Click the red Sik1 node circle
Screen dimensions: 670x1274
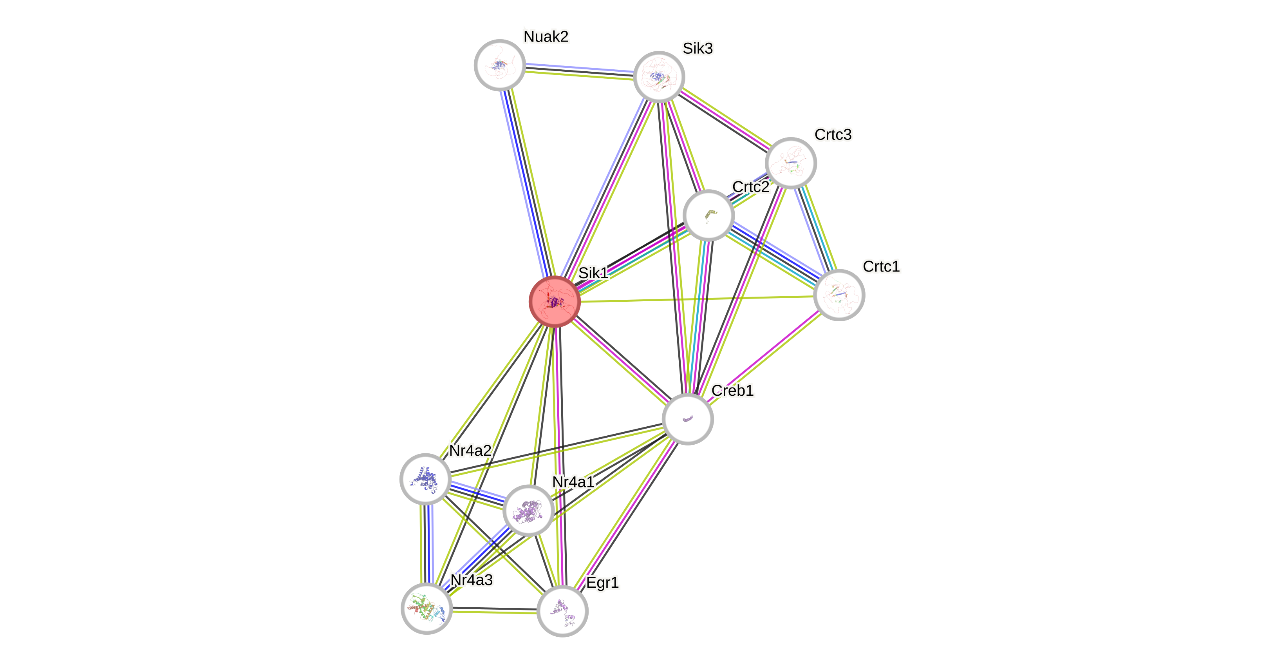point(554,302)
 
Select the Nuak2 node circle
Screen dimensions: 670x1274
point(499,65)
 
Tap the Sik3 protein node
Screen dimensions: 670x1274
point(659,77)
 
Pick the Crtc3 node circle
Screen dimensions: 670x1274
point(790,163)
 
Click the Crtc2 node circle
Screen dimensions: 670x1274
point(708,215)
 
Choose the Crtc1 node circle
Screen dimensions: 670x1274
point(839,295)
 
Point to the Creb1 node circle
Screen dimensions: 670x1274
point(687,419)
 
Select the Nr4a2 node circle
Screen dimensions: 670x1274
point(425,478)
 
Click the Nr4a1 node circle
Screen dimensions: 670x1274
point(528,511)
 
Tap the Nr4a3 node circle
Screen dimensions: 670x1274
point(426,608)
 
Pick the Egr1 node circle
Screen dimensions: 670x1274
point(562,611)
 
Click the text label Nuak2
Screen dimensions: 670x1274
point(546,36)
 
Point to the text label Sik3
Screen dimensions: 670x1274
point(698,49)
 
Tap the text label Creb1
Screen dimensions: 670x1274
point(732,391)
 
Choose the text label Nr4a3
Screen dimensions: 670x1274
point(471,580)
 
